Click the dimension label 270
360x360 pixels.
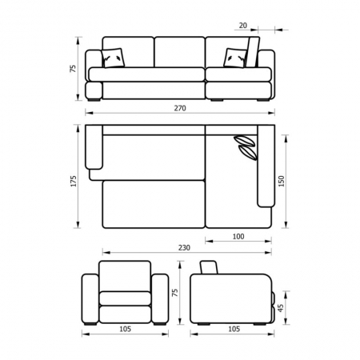(x=180, y=108)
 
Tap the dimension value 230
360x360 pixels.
(x=184, y=248)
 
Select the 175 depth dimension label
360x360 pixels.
(x=74, y=181)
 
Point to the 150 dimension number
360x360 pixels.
(x=282, y=181)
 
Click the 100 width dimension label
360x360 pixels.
(x=238, y=237)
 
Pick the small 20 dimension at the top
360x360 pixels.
(x=243, y=26)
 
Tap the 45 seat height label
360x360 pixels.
(x=281, y=308)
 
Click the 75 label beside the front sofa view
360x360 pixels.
(x=73, y=68)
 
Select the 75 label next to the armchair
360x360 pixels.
(x=175, y=293)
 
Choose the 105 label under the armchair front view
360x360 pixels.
(x=125, y=329)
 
